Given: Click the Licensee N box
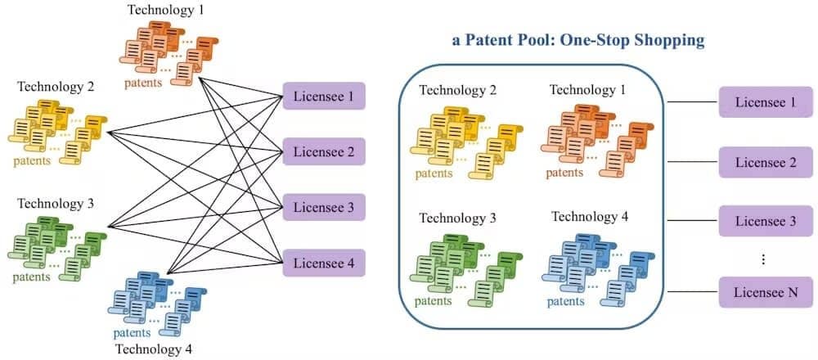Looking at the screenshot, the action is (766, 292).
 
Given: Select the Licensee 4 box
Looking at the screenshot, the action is (324, 263).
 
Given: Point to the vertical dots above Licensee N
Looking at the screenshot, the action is (763, 259).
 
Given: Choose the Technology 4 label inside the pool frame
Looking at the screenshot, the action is (590, 215).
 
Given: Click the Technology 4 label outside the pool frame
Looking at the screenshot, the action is (154, 349).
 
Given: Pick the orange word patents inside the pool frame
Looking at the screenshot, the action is (564, 172).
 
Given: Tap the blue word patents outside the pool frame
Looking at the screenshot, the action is (132, 332).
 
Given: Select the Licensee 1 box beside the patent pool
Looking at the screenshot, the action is (766, 101).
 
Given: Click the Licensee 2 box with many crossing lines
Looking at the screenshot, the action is (324, 151).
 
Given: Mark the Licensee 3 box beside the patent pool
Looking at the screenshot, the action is (766, 221).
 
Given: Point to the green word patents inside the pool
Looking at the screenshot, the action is (434, 301).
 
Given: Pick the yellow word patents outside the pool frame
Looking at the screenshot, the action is (33, 160).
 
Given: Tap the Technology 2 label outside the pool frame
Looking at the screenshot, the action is (56, 86).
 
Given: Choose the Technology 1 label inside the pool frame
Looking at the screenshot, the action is (587, 90).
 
